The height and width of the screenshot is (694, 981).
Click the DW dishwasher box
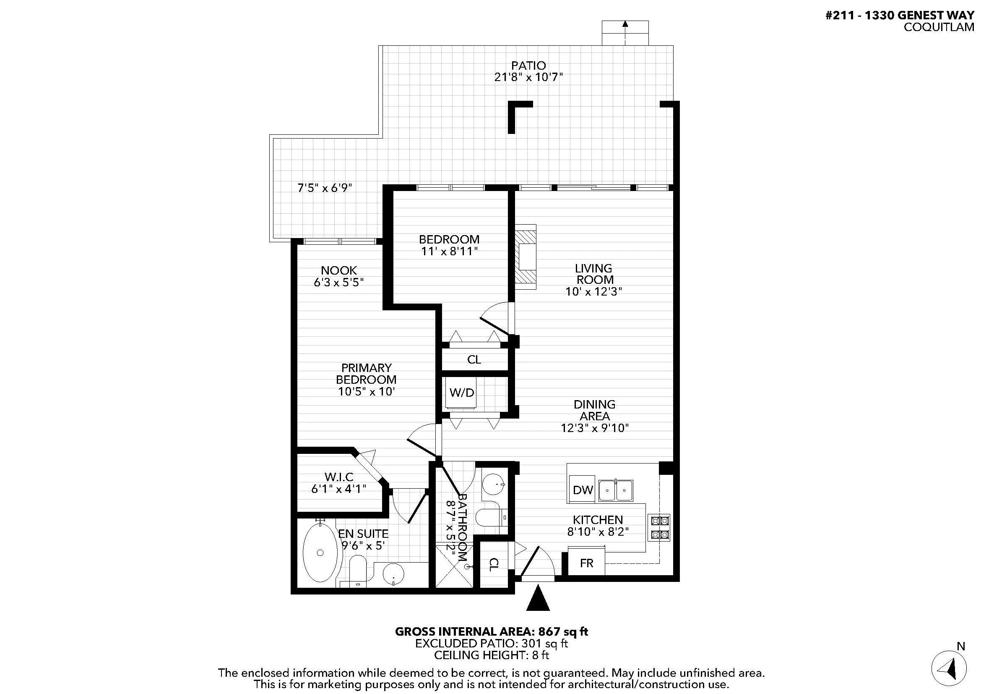click(x=583, y=489)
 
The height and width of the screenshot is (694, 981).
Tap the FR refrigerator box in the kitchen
click(x=586, y=563)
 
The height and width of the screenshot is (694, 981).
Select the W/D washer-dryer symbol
click(x=461, y=393)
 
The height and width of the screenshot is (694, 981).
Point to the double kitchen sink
click(x=616, y=490)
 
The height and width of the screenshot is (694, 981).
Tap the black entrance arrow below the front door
click(x=538, y=598)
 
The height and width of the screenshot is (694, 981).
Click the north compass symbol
click(x=949, y=668)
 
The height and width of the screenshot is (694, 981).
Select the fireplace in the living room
click(x=525, y=257)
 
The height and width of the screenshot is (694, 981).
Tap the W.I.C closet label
click(x=339, y=477)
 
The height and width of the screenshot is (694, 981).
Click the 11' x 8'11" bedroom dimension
click(x=449, y=251)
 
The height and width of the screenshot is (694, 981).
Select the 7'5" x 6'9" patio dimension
click(x=325, y=188)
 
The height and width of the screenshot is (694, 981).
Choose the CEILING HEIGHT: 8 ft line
click(x=492, y=655)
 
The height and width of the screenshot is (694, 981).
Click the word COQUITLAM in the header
click(x=939, y=27)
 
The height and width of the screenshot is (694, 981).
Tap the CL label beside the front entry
click(x=493, y=564)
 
